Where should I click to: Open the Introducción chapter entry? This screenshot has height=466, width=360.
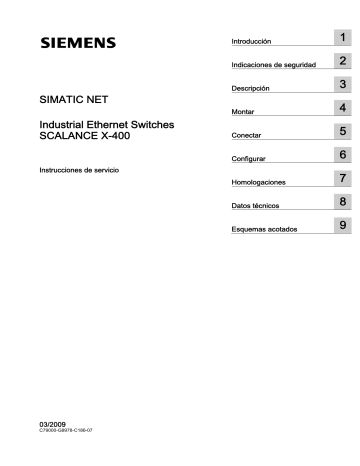click(251, 42)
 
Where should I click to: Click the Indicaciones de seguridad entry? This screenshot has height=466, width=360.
click(273, 65)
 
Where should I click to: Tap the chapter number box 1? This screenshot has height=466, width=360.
click(342, 38)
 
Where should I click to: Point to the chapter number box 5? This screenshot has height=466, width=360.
click(342, 132)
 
